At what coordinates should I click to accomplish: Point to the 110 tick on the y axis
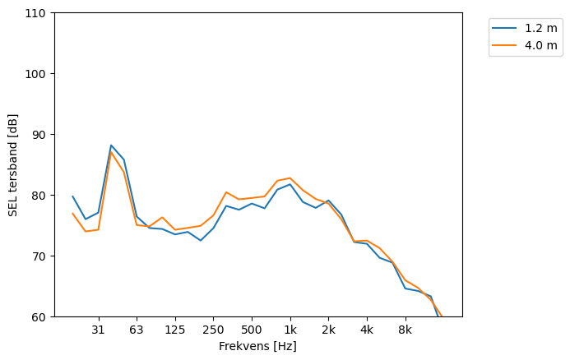[x=38, y=13]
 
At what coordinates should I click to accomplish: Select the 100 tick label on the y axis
[x=38, y=74]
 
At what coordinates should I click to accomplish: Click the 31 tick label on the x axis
[x=99, y=330]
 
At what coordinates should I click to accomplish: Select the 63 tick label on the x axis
[x=137, y=330]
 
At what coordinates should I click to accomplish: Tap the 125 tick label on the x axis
[x=175, y=330]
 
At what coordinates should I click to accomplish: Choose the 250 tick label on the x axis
[x=213, y=330]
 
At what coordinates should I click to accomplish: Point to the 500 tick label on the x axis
[x=252, y=330]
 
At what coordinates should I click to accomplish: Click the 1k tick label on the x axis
[x=290, y=330]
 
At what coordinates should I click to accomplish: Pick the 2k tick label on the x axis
[x=328, y=330]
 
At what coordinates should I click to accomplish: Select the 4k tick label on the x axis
[x=367, y=330]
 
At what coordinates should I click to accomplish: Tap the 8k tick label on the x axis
[x=405, y=330]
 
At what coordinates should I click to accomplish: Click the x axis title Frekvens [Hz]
[x=257, y=347]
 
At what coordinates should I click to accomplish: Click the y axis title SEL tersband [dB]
[x=13, y=165]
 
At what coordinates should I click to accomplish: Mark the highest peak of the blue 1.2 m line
[x=111, y=145]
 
